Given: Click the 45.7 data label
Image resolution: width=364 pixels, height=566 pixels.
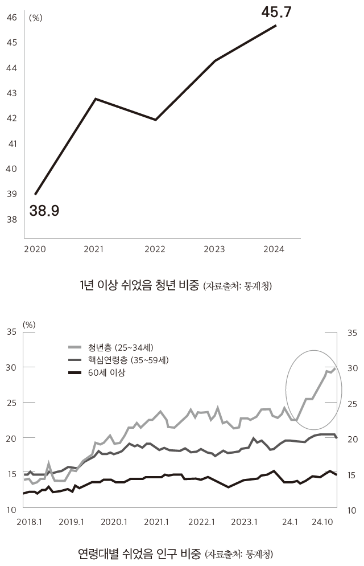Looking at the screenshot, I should coord(276,11).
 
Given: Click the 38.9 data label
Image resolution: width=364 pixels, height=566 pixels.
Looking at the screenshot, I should coord(44,211).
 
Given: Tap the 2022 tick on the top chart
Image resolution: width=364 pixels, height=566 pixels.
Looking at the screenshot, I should coord(155,249).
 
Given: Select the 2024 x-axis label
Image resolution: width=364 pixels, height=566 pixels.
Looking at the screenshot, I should coord(274,249).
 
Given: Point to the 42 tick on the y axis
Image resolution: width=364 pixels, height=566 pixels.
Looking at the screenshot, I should coord(11,118).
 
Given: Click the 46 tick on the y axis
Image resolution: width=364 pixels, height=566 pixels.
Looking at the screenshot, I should coord(11,17).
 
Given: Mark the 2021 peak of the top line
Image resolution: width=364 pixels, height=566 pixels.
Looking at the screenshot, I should coord(96,99).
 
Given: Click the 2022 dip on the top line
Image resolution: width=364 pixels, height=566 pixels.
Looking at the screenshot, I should coord(155,120).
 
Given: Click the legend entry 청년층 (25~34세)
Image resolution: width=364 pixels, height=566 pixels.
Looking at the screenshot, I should coord(121,347).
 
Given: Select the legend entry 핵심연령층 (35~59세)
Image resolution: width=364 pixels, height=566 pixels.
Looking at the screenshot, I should coord(128,360).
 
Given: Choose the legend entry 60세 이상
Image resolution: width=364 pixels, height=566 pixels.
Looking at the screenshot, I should coord(106,372).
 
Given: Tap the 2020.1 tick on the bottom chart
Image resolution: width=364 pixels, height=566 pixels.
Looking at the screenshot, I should coord(115,522).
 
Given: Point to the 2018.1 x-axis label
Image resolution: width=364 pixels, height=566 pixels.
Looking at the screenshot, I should coord(30,522).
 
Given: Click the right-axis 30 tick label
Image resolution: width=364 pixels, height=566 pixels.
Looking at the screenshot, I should coord(353,368).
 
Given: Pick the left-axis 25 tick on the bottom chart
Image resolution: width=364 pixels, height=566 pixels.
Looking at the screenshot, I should coord(11,403).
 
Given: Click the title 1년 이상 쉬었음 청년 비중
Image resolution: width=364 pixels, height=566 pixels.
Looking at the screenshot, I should coord(140,285).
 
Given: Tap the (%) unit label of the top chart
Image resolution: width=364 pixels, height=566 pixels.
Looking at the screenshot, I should coord(36,18).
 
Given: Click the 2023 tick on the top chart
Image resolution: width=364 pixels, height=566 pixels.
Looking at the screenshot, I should coord(214,249).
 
